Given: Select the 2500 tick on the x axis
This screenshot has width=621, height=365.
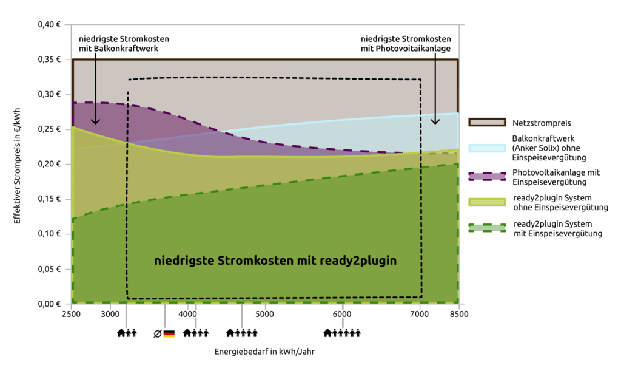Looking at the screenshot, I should click(x=71, y=314).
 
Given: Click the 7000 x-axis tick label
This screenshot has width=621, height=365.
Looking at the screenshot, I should click(x=419, y=314).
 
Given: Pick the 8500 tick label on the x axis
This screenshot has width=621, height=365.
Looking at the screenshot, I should click(x=458, y=314).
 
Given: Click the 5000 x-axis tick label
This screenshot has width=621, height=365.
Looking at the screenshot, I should click(x=264, y=314).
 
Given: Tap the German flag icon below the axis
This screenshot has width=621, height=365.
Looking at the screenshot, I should click(x=169, y=333).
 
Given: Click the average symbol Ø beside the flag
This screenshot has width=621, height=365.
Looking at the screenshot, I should click(x=157, y=333).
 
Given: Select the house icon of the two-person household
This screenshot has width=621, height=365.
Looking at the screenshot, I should click(x=121, y=333).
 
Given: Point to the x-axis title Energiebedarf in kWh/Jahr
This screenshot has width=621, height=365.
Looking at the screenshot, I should click(x=264, y=352).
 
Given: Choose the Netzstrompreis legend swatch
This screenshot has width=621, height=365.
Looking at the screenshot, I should click(x=486, y=122).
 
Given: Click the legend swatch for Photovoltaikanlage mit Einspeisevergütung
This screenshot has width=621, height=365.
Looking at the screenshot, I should click(x=486, y=176).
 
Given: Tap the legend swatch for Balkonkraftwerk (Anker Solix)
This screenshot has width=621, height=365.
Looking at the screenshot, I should click(x=486, y=149).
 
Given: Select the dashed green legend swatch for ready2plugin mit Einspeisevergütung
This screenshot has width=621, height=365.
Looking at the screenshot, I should click(x=486, y=228).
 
